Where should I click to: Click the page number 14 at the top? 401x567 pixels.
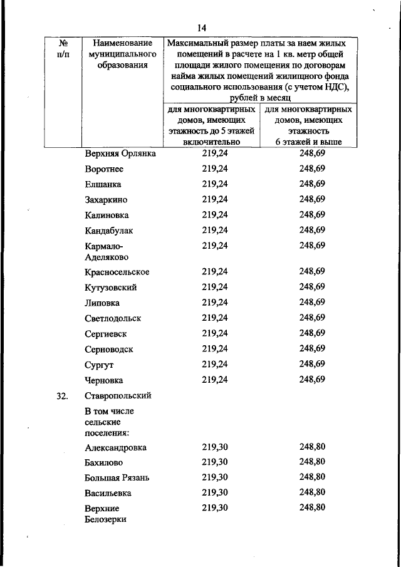pyautogui.click(x=201, y=28)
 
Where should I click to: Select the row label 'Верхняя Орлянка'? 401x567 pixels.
pyautogui.click(x=120, y=153)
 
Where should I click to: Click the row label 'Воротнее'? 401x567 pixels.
pyautogui.click(x=104, y=169)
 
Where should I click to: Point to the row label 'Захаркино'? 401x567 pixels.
pyautogui.click(x=107, y=200)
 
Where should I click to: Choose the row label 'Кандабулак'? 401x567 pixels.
pyautogui.click(x=109, y=231)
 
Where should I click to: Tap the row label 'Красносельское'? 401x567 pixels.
pyautogui.click(x=117, y=273)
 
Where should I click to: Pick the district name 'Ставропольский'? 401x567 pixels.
pyautogui.click(x=118, y=396)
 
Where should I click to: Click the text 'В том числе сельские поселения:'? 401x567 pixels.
pyautogui.click(x=109, y=422)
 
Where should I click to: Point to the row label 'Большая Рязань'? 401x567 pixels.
pyautogui.click(x=117, y=477)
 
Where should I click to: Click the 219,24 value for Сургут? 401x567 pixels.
pyautogui.click(x=215, y=363)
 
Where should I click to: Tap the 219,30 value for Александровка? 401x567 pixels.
pyautogui.click(x=215, y=447)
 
